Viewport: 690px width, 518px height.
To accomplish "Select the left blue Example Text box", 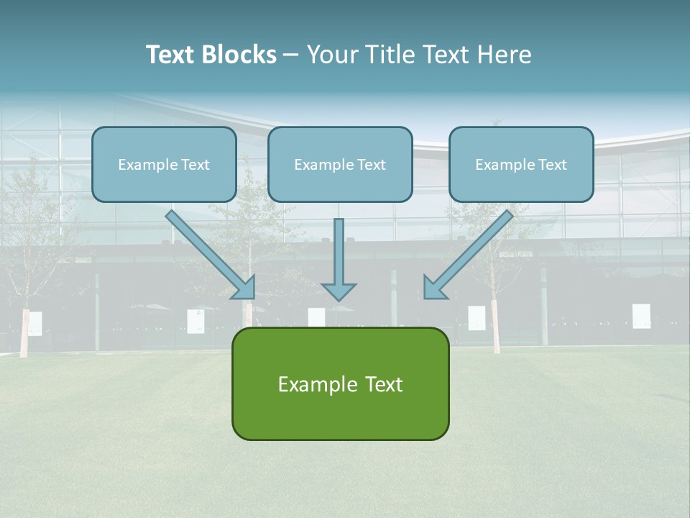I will pyautogui.click(x=164, y=165).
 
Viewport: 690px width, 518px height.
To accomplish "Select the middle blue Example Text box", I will pyautogui.click(x=340, y=165).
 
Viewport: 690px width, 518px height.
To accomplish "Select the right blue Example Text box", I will pyautogui.click(x=521, y=165).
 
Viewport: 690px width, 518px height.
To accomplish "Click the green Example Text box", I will pyautogui.click(x=340, y=383).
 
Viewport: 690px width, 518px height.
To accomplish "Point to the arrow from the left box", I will pyautogui.click(x=208, y=252).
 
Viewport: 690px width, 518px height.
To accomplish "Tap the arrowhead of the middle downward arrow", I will pyautogui.click(x=339, y=292).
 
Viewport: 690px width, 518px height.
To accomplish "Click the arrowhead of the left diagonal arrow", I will pyautogui.click(x=247, y=289).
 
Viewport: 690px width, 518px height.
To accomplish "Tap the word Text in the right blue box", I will pyautogui.click(x=552, y=165).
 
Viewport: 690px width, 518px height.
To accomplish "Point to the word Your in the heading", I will pyautogui.click(x=332, y=55).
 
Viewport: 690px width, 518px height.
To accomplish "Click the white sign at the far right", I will pyautogui.click(x=641, y=316).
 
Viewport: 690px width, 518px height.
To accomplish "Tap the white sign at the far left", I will pyautogui.click(x=34, y=323).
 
